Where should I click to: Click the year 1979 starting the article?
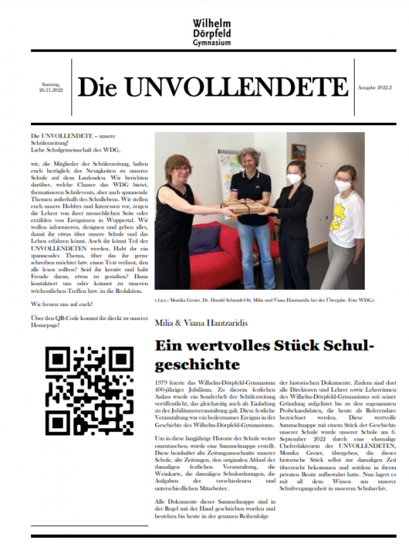click(x=163, y=383)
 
